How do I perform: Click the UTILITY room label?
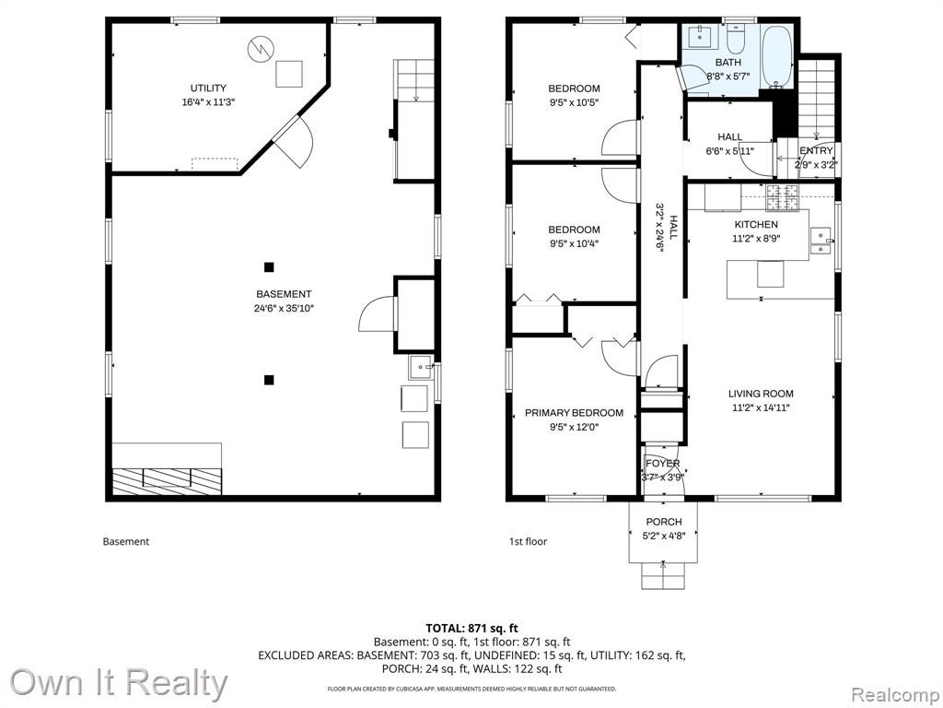point(208,88)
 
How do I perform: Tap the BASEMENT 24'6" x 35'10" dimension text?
point(284,309)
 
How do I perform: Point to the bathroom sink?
point(702,37)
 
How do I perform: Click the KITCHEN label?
point(756,224)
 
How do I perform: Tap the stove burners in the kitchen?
point(782,198)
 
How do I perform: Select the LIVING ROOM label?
point(761,394)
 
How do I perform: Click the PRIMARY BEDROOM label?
point(574,413)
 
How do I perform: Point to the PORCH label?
point(664,522)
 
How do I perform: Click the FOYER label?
point(663,464)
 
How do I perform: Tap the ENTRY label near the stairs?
point(816,150)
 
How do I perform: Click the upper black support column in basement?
point(269,266)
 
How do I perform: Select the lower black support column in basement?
point(269,379)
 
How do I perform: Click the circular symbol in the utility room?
point(261,48)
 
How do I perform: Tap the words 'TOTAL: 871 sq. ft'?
point(472,629)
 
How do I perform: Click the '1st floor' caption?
point(528,541)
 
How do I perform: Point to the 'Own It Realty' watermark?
point(118,683)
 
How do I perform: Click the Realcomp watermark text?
point(894,694)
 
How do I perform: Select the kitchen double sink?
point(821,241)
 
